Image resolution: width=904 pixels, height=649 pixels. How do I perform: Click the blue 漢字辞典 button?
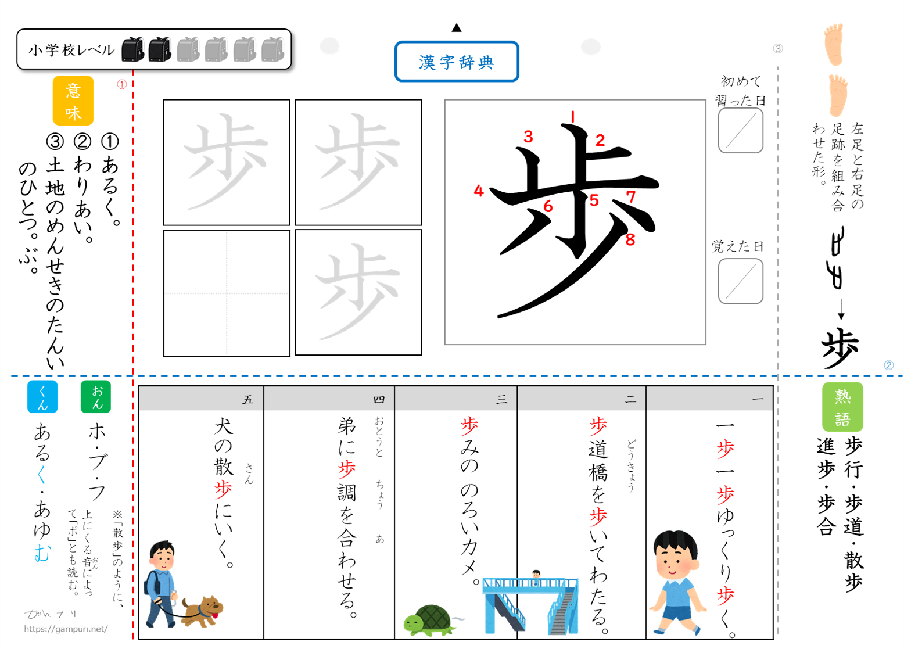point(457,62)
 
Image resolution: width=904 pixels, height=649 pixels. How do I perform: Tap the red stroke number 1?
point(572,117)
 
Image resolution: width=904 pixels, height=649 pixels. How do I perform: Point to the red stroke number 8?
point(630,240)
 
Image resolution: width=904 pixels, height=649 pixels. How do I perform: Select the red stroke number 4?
point(479,191)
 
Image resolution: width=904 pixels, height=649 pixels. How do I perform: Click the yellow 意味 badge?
point(73,101)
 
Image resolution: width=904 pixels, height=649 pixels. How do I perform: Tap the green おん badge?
point(96,397)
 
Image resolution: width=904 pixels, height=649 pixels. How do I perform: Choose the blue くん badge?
point(42,397)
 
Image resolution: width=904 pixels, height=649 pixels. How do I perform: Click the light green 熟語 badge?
point(842,407)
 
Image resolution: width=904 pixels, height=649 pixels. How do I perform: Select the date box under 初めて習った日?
point(741,130)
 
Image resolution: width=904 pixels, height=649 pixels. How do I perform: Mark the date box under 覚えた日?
point(741,281)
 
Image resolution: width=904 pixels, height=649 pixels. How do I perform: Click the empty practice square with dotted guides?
point(227,293)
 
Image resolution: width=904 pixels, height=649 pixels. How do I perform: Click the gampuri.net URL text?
point(66,629)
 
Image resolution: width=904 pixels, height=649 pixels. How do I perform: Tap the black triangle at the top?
point(457,28)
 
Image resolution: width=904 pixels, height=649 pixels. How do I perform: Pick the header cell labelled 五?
point(201,399)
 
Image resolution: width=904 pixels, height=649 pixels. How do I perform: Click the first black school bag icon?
point(133,49)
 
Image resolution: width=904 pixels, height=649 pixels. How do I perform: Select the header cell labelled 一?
point(709,399)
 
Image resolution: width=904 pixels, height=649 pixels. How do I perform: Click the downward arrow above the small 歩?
point(841,310)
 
